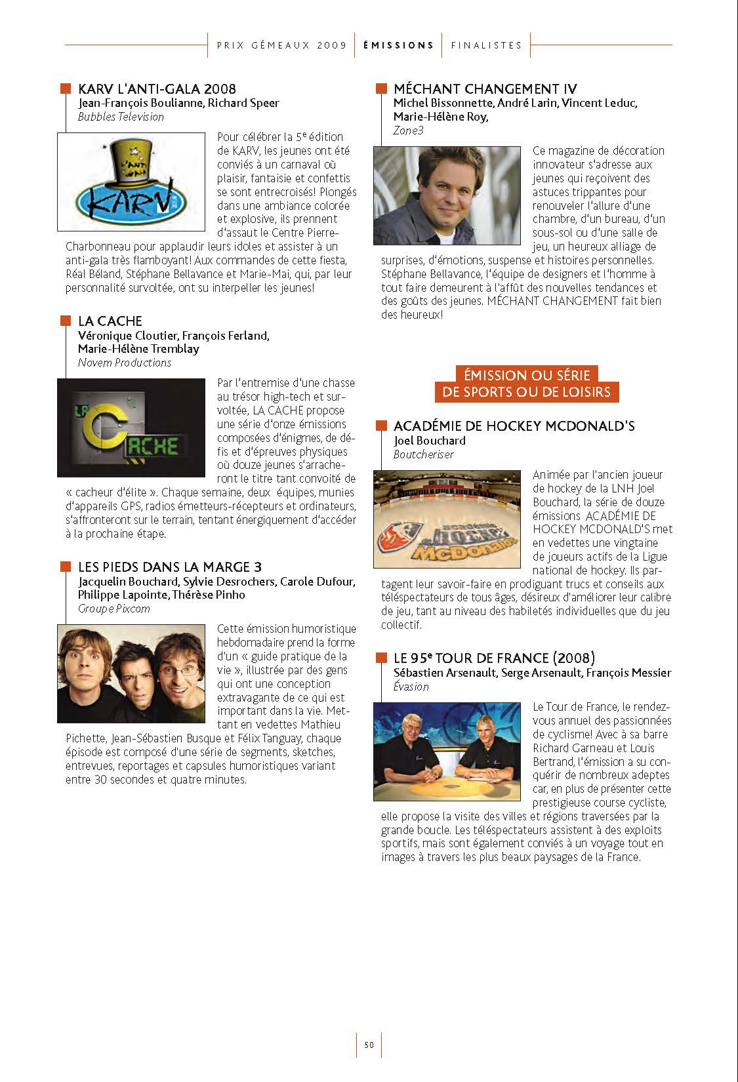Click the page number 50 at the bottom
[369, 1045]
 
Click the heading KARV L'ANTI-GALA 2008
[157, 89]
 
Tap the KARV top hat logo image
[132, 182]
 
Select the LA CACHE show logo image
[132, 428]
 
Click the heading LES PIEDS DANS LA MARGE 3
[169, 567]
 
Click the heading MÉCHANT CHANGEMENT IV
[485, 89]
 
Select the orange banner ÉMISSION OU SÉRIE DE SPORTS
[527, 384]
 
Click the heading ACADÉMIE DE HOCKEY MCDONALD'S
[514, 426]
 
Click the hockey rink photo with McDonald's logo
[447, 519]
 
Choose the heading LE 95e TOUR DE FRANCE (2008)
[494, 658]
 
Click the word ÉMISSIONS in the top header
[398, 45]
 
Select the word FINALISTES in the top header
[486, 45]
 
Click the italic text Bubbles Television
[121, 117]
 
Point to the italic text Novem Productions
[125, 363]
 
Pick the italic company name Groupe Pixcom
[113, 609]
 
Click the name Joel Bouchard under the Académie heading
[430, 441]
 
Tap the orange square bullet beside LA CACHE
[66, 321]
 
